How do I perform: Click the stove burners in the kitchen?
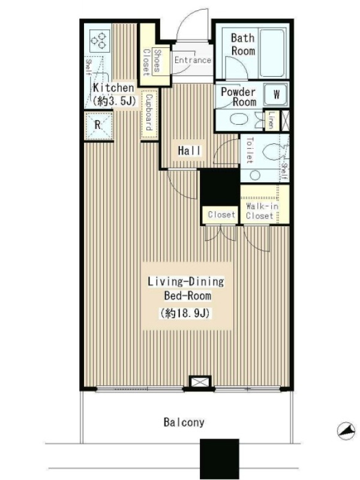(x=100, y=41)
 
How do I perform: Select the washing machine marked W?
(x=276, y=94)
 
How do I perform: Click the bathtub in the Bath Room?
(x=273, y=53)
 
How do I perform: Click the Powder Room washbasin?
(x=241, y=119)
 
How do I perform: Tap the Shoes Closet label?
(x=152, y=61)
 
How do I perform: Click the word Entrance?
(x=193, y=60)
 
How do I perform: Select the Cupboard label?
(x=149, y=112)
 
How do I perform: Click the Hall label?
(x=190, y=151)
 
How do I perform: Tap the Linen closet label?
(x=271, y=120)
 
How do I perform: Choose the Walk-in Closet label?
(x=262, y=211)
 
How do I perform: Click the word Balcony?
(x=184, y=422)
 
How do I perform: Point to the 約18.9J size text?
(x=185, y=313)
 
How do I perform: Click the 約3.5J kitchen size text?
(x=114, y=101)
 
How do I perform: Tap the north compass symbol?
(x=347, y=431)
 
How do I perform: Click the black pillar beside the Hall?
(x=220, y=187)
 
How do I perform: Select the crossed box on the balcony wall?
(x=200, y=382)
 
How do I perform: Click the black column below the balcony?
(x=220, y=458)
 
